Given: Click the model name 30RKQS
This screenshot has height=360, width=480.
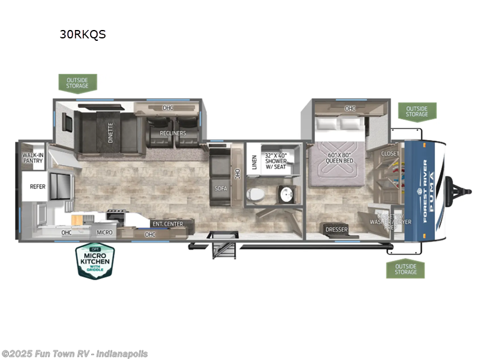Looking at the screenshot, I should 82,34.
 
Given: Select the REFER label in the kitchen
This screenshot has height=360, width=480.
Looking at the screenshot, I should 38,187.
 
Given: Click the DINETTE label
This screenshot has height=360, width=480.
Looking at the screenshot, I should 111,130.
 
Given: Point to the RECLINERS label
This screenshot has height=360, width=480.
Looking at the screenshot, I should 173,133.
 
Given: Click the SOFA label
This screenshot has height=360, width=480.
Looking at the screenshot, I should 220,188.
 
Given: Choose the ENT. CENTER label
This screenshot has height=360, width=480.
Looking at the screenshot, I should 167,224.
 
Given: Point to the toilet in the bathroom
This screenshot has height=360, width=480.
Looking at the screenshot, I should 255,194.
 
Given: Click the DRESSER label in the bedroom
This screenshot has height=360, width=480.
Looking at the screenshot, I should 337,230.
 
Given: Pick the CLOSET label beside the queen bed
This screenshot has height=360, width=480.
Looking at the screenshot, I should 390,154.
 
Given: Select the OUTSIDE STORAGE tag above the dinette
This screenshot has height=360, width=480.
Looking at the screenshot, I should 77,82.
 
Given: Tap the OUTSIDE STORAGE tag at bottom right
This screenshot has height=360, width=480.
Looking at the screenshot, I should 405,269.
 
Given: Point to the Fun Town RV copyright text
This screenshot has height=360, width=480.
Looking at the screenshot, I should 74,354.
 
